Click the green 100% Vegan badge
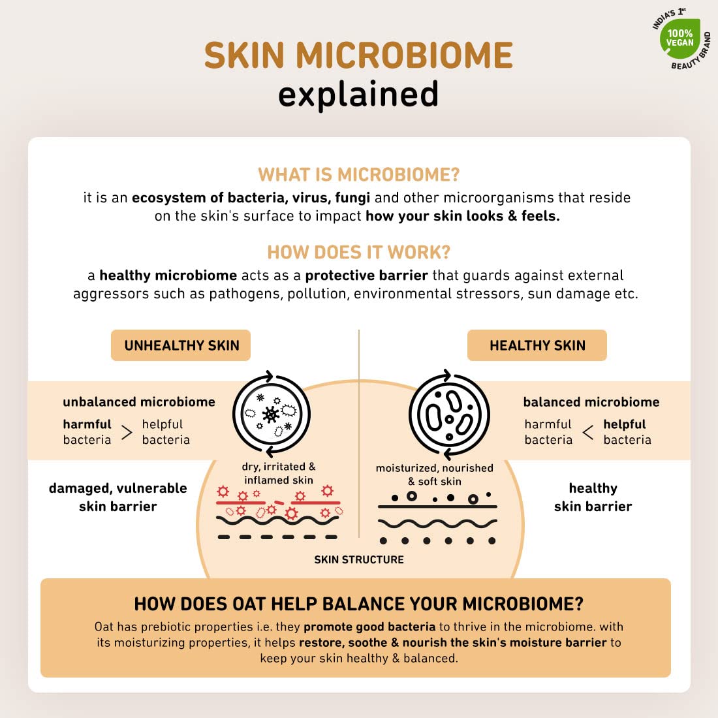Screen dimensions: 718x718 [680, 38]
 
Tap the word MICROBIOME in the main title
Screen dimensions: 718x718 [404, 55]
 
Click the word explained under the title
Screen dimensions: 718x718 [358, 95]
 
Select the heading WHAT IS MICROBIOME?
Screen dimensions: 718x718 [358, 174]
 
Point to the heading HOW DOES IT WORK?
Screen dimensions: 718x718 [358, 253]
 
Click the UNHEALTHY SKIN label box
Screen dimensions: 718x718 [181, 345]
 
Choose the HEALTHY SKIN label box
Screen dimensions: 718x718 [537, 345]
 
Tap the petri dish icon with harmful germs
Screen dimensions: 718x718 [272, 414]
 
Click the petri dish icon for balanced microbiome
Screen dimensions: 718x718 [449, 414]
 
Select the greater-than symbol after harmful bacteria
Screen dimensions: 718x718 [127, 432]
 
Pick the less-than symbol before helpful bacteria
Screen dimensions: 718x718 [588, 432]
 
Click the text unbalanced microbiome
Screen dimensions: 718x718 [139, 402]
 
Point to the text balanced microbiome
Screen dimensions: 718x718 [591, 402]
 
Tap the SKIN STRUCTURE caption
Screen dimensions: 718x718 [359, 559]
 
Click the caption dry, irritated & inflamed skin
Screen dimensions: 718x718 [279, 473]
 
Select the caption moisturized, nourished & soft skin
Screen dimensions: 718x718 [435, 475]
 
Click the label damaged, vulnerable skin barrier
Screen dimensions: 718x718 [117, 497]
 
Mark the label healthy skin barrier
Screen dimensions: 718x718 [593, 497]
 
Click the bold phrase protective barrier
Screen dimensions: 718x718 [366, 275]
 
